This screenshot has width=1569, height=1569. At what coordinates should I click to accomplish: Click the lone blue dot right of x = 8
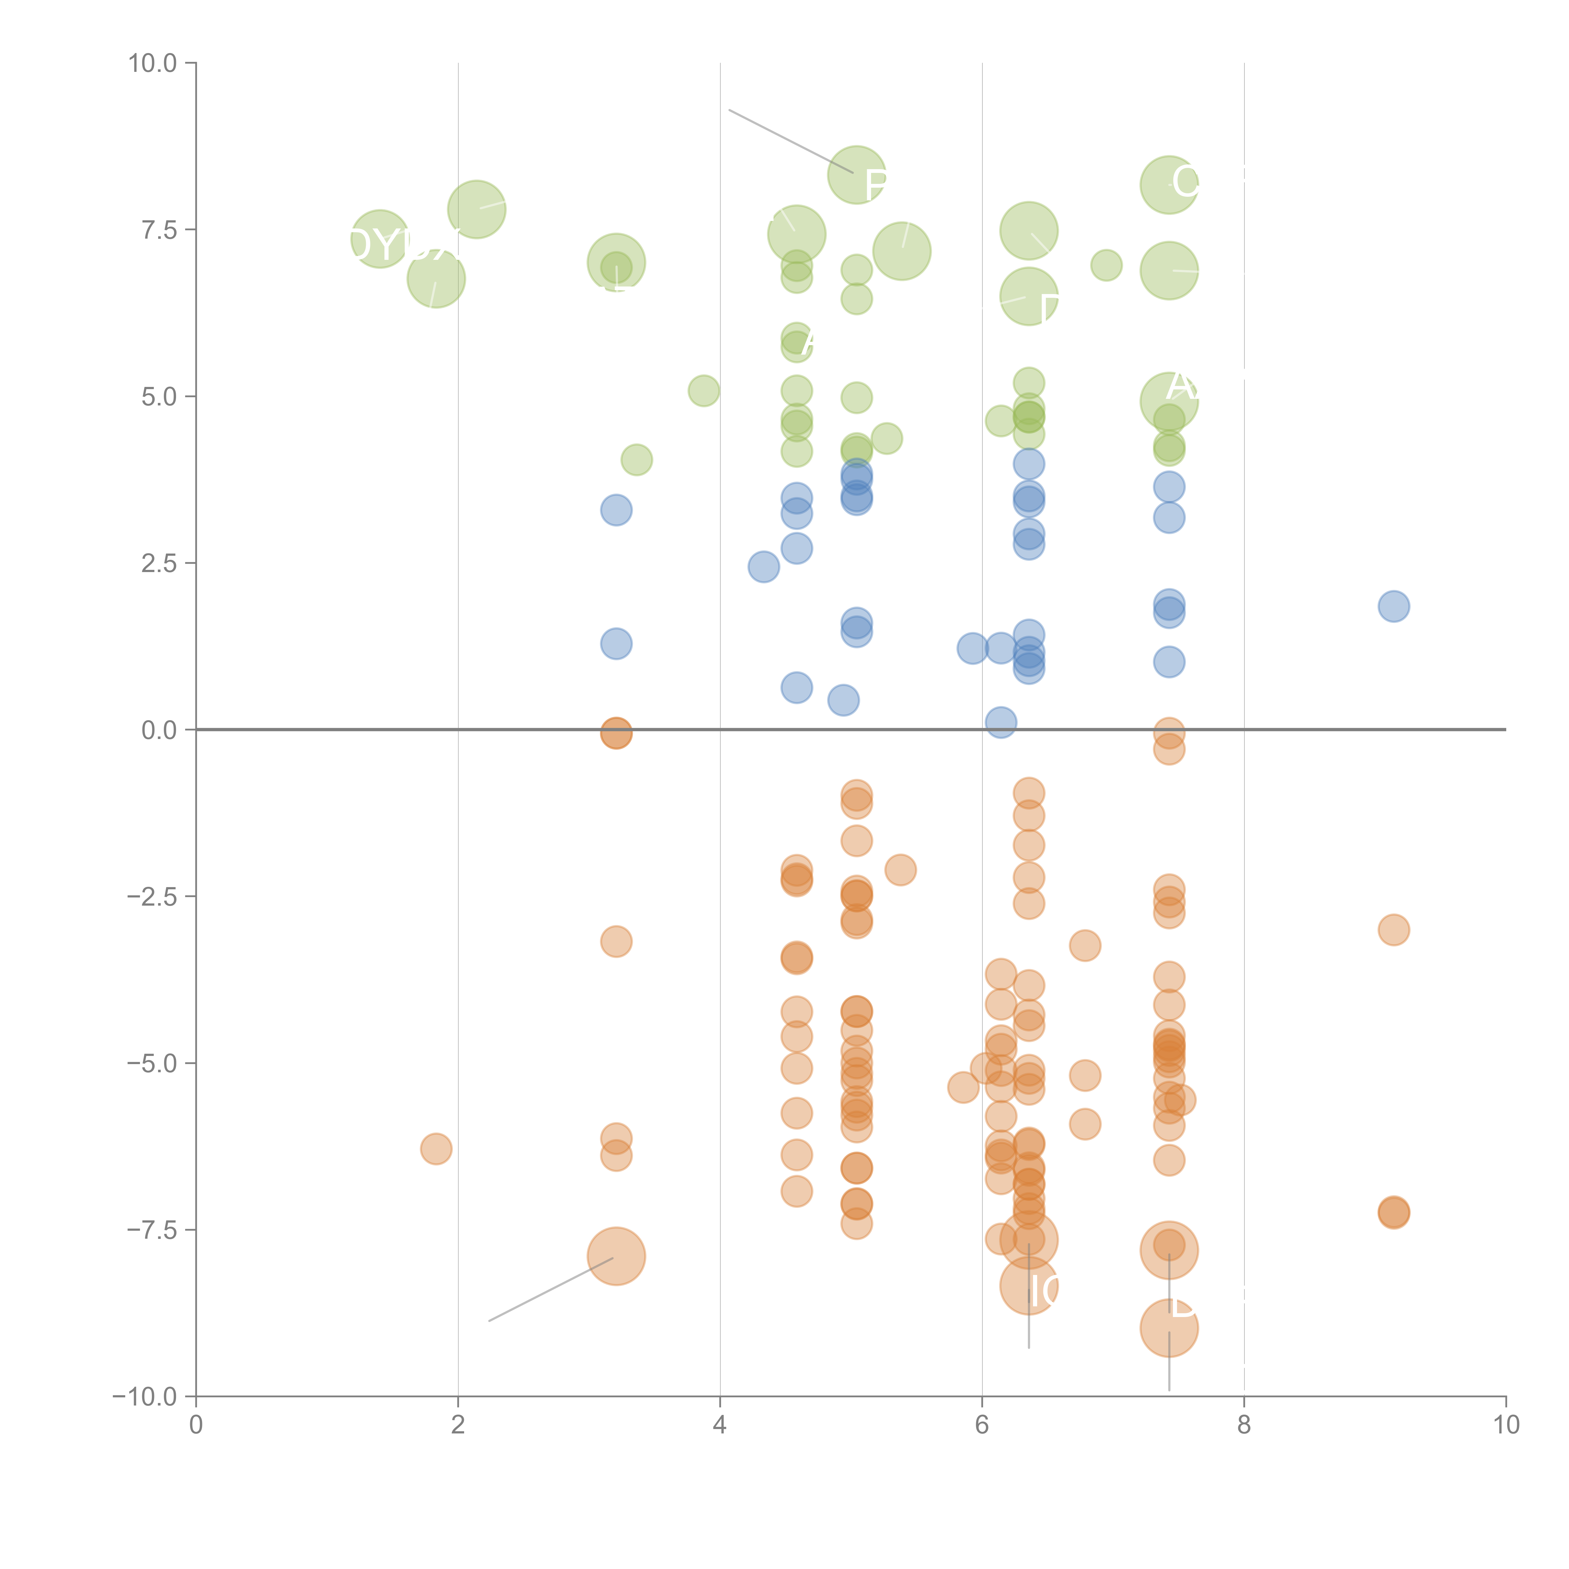coord(1394,606)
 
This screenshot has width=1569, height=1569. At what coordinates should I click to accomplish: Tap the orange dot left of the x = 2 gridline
coord(436,1148)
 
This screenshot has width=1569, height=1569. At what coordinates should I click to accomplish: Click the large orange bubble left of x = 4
coord(616,1256)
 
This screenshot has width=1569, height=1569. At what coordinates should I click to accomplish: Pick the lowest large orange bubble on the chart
coord(1169,1329)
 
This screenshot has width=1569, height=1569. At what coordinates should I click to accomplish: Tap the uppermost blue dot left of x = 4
coord(616,510)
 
